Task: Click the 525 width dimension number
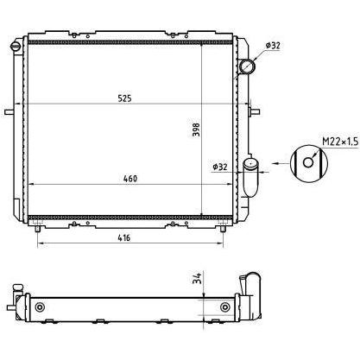tap(124, 98)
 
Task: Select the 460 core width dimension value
tap(130, 179)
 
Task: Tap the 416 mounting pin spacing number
tap(124, 237)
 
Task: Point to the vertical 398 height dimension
tap(196, 130)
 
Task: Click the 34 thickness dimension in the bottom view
tap(197, 278)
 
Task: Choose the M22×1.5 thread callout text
tap(340, 142)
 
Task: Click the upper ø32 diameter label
tap(273, 46)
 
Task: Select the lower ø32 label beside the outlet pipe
tap(220, 167)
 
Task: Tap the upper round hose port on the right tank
tap(247, 66)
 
